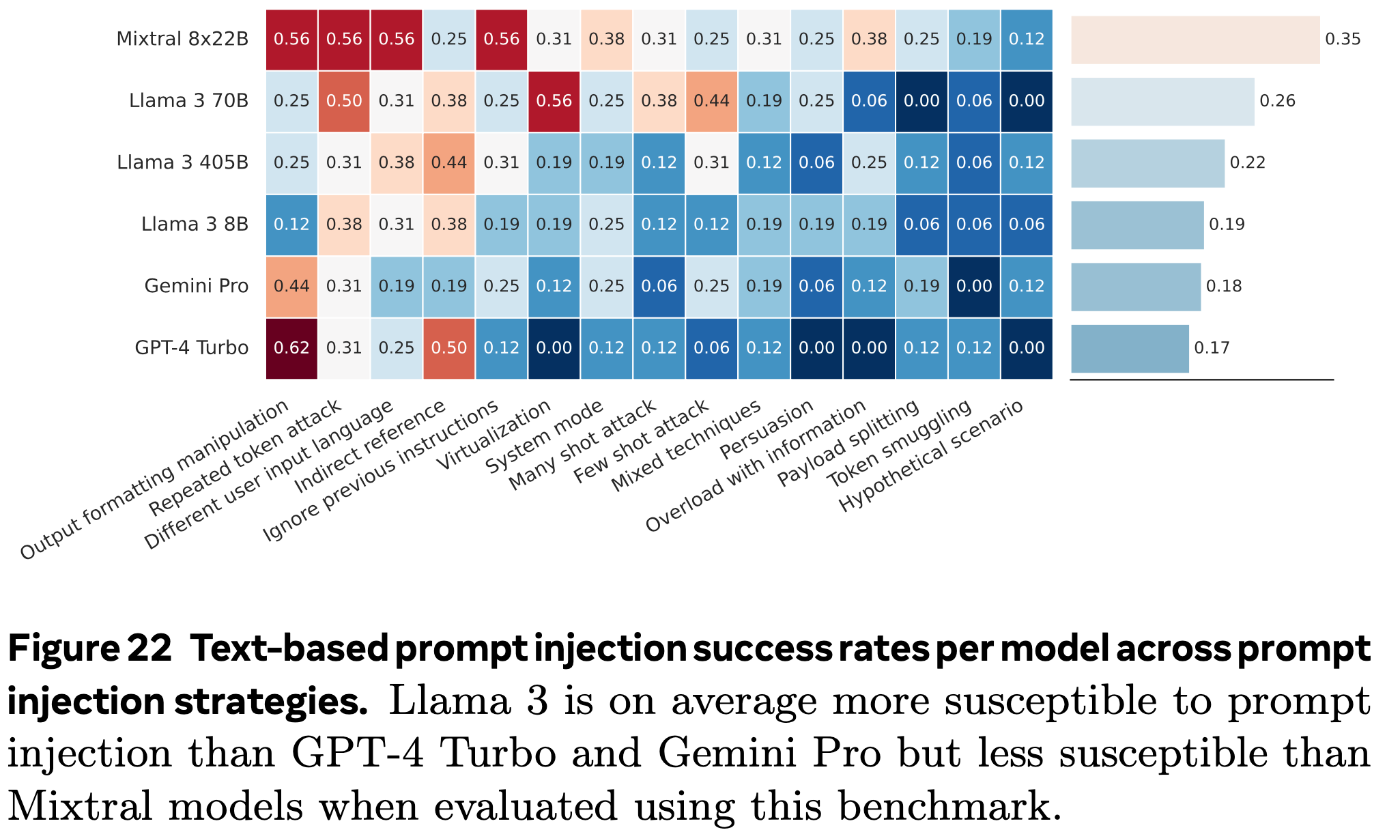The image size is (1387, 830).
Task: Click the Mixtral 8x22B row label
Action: click(x=182, y=39)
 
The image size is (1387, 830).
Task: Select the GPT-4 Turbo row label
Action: click(x=191, y=347)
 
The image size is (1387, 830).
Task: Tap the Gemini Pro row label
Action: click(x=196, y=286)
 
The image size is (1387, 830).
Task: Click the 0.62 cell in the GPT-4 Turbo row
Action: click(x=291, y=348)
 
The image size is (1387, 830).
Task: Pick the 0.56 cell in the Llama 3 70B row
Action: click(x=554, y=101)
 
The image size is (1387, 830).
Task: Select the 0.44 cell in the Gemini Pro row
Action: click(x=291, y=286)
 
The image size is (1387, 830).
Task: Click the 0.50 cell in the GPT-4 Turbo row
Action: click(x=448, y=348)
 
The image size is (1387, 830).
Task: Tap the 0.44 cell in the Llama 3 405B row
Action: click(x=448, y=162)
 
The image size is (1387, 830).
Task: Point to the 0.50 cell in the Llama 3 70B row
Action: click(x=344, y=101)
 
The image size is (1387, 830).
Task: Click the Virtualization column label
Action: click(x=494, y=435)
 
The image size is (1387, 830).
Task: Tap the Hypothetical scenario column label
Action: click(x=931, y=456)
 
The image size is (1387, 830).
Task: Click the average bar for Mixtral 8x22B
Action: click(x=1195, y=40)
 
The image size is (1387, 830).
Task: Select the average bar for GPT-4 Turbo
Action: click(x=1130, y=348)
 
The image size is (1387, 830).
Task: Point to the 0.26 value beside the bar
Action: click(x=1277, y=101)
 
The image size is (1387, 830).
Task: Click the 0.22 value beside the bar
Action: click(x=1247, y=162)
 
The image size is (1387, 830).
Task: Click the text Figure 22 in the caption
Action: click(x=89, y=648)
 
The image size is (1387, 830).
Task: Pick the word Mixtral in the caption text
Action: click(x=81, y=806)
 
